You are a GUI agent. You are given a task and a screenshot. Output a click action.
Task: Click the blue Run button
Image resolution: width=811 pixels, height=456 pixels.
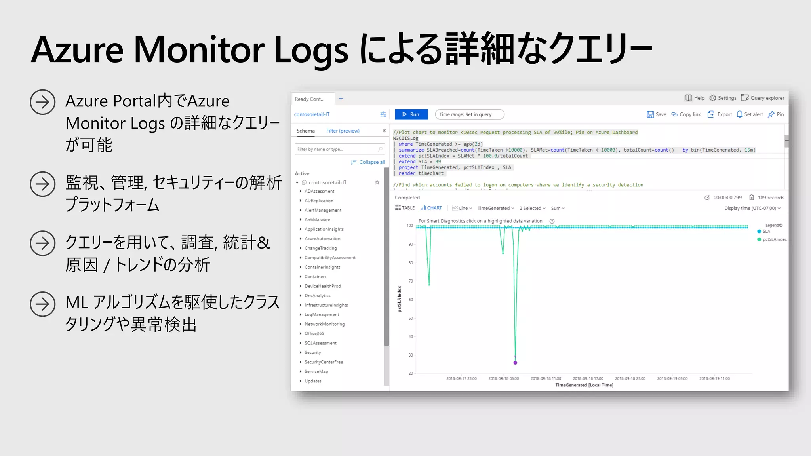tap(411, 114)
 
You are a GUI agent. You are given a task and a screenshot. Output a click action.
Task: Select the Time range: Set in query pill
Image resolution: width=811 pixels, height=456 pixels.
tap(469, 114)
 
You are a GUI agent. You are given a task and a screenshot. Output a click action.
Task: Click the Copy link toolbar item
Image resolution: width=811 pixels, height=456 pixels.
tap(686, 114)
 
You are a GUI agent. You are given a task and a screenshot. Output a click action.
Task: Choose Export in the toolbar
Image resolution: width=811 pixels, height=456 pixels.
tap(720, 114)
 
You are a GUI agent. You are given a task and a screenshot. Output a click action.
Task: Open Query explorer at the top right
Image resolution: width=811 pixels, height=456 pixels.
tap(762, 98)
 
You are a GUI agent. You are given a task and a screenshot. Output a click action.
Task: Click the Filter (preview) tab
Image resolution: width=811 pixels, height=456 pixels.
tap(343, 131)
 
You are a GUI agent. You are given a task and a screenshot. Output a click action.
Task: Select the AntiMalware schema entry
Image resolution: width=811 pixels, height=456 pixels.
tap(317, 220)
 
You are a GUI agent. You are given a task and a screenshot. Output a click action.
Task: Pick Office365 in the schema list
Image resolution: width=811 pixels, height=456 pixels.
tap(314, 334)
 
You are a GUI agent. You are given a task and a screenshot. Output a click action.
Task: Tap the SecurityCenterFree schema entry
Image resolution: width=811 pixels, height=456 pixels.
tap(324, 362)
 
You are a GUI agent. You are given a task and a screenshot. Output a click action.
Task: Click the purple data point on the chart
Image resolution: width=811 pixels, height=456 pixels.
tap(515, 363)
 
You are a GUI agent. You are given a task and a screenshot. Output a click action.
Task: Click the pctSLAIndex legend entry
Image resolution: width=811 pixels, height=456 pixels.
tap(774, 239)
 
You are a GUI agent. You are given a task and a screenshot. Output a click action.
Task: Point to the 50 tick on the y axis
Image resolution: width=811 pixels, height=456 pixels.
tap(411, 318)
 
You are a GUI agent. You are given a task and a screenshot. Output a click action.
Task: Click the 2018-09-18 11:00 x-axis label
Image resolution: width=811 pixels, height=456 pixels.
tap(546, 379)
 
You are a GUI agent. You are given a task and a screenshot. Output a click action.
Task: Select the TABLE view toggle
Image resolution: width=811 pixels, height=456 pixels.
tap(405, 208)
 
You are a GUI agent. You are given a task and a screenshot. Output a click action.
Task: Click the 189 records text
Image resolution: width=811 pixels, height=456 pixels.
tap(771, 198)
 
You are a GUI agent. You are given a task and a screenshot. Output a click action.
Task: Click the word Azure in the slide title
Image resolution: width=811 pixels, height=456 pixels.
tap(77, 50)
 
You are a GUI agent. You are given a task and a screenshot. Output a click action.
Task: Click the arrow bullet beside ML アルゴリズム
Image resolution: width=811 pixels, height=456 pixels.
tap(42, 304)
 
